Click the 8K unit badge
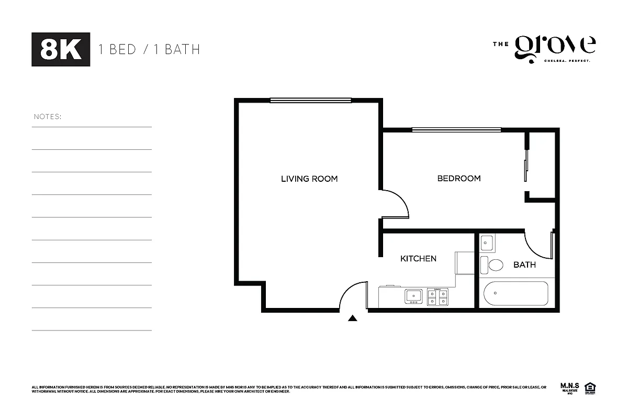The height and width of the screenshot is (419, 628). pyautogui.click(x=61, y=49)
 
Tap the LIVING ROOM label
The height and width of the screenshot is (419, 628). pyautogui.click(x=309, y=179)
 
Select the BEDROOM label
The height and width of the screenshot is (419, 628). pyautogui.click(x=458, y=179)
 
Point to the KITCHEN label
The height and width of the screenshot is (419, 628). pyautogui.click(x=418, y=258)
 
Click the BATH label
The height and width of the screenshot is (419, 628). pyautogui.click(x=524, y=264)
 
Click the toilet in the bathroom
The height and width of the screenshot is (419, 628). pyautogui.click(x=492, y=264)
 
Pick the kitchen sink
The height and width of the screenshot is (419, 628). pyautogui.click(x=413, y=296)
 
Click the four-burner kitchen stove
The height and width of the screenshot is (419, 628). pyautogui.click(x=438, y=296)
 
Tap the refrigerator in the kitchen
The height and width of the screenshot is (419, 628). pyautogui.click(x=465, y=262)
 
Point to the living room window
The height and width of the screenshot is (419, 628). pyautogui.click(x=310, y=100)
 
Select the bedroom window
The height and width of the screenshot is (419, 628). pyautogui.click(x=456, y=129)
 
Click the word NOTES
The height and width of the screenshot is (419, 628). pyautogui.click(x=47, y=116)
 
